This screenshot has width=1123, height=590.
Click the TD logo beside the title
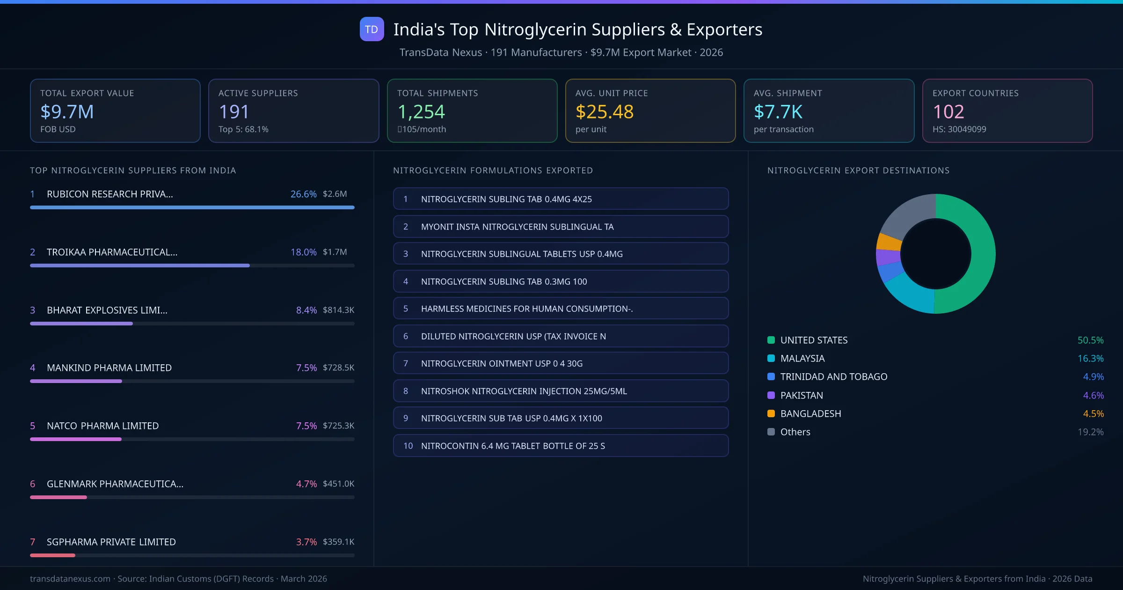tap(372, 29)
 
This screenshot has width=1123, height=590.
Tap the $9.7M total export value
tap(67, 111)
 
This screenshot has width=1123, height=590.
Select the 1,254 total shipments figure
tap(421, 111)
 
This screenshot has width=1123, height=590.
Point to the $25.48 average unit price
tap(604, 111)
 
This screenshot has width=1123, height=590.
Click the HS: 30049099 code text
tap(959, 129)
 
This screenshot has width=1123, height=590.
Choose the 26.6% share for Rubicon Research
tap(303, 194)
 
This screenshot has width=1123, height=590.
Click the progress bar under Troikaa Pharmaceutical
tap(140, 265)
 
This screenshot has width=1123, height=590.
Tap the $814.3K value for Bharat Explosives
tap(338, 310)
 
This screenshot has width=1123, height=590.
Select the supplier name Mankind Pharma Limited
tap(109, 368)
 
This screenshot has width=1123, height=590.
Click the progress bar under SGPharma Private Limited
tap(52, 555)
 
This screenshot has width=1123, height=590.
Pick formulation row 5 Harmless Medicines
tap(561, 309)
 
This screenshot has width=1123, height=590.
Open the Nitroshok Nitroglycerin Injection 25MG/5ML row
tap(561, 391)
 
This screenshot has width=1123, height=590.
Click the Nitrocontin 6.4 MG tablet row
tap(561, 446)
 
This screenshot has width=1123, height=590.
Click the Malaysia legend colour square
tap(771, 359)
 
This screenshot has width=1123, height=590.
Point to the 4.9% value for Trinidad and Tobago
tap(1093, 377)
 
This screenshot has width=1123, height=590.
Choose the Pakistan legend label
tap(802, 395)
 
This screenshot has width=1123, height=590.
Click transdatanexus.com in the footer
tap(70, 579)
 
